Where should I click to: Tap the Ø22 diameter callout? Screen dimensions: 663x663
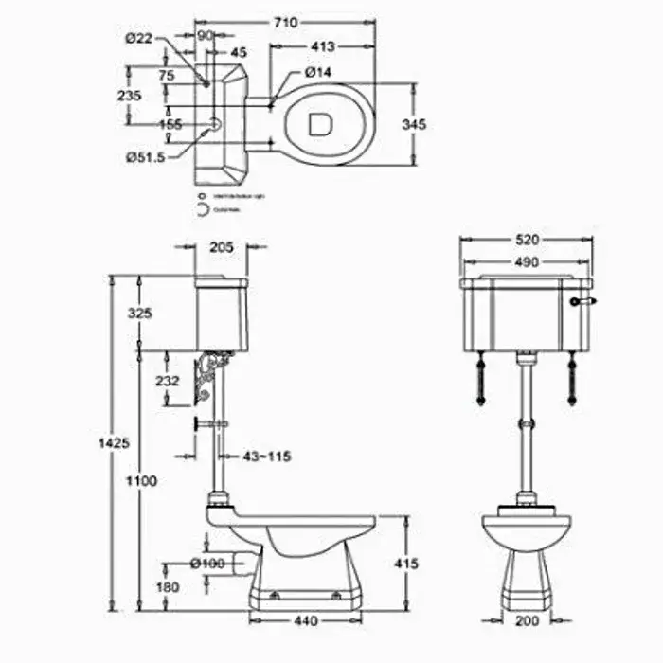click(138, 37)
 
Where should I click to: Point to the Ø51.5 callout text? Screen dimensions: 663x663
click(145, 157)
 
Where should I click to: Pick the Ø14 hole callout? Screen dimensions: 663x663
click(317, 72)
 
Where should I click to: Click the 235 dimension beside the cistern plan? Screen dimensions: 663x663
click(130, 95)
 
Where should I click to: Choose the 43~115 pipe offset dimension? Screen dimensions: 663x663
click(266, 457)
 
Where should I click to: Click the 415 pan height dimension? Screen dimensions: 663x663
click(404, 564)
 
